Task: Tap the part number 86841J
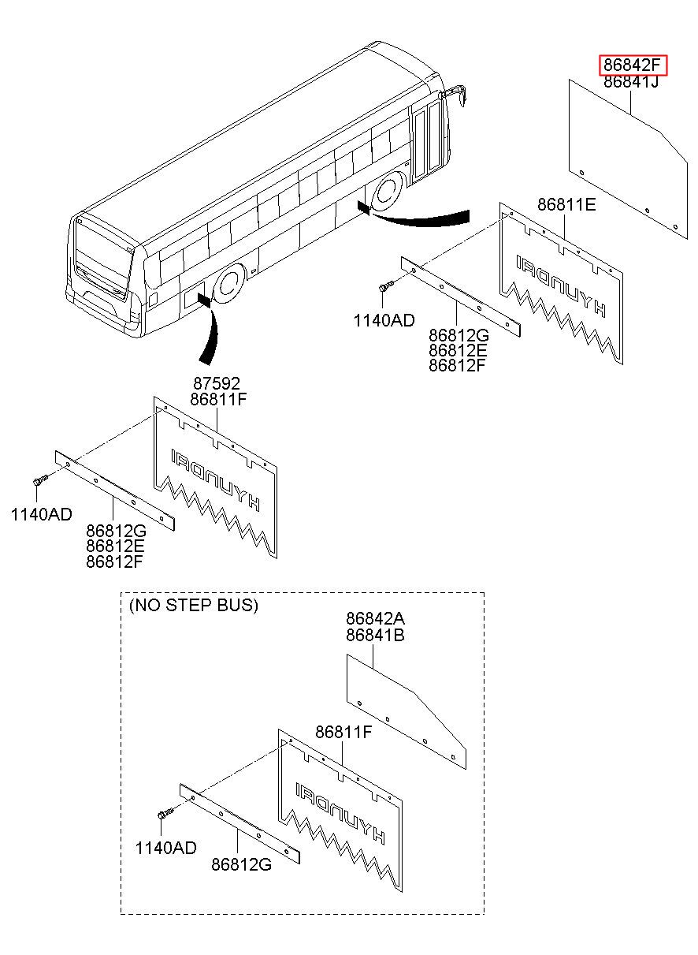[x=631, y=81]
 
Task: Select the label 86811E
[x=566, y=205]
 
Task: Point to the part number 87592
[x=217, y=384]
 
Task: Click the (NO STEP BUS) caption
[x=194, y=606]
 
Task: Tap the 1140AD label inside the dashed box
[x=166, y=849]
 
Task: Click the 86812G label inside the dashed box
[x=242, y=864]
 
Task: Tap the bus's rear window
[x=102, y=259]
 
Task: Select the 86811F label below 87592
[x=218, y=400]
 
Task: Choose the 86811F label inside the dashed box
[x=343, y=733]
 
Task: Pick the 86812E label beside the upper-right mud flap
[x=458, y=350]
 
